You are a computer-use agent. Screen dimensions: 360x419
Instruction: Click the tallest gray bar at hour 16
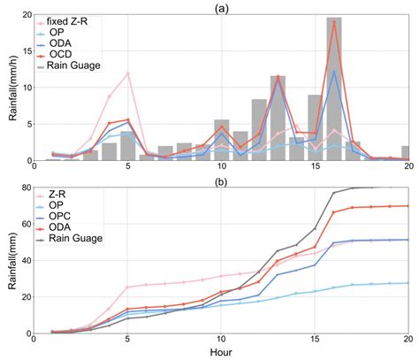(x=333, y=88)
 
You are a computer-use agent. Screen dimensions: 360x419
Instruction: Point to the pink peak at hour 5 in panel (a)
(x=128, y=73)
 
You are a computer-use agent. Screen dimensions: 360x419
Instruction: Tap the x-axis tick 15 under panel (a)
(x=314, y=167)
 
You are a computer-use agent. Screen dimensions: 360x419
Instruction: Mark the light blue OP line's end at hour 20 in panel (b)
(x=408, y=283)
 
